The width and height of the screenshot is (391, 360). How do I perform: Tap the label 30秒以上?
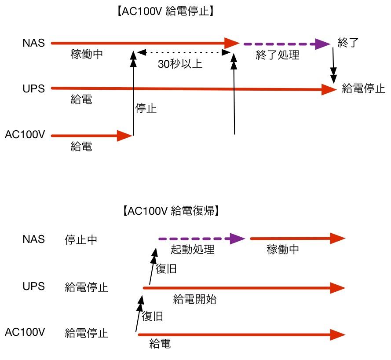(x=180, y=64)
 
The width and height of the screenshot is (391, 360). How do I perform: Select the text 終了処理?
(x=277, y=55)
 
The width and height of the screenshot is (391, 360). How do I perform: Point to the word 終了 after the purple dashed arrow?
(x=348, y=43)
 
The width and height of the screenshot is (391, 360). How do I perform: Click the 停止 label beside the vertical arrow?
(x=146, y=108)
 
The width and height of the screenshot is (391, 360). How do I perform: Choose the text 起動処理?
(x=192, y=250)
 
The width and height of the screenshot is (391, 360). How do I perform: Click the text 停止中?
(x=80, y=240)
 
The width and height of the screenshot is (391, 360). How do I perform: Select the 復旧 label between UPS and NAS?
(x=166, y=269)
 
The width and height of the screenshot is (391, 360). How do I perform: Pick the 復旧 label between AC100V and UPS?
(x=153, y=316)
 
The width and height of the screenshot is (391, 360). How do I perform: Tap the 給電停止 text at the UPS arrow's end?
(x=363, y=88)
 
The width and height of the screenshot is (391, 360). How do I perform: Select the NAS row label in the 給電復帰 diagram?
(x=33, y=240)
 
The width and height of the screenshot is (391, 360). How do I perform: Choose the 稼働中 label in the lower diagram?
(x=283, y=250)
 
